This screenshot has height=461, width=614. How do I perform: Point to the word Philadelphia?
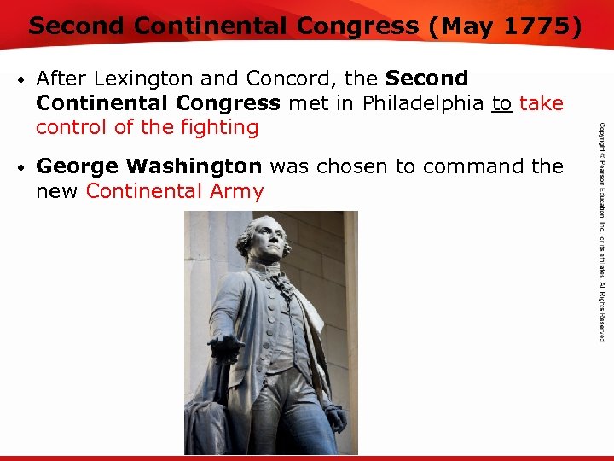[415, 103]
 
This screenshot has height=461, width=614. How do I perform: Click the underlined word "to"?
[502, 103]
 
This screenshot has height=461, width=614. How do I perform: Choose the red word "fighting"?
[220, 128]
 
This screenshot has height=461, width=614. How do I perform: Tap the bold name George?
[77, 166]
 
